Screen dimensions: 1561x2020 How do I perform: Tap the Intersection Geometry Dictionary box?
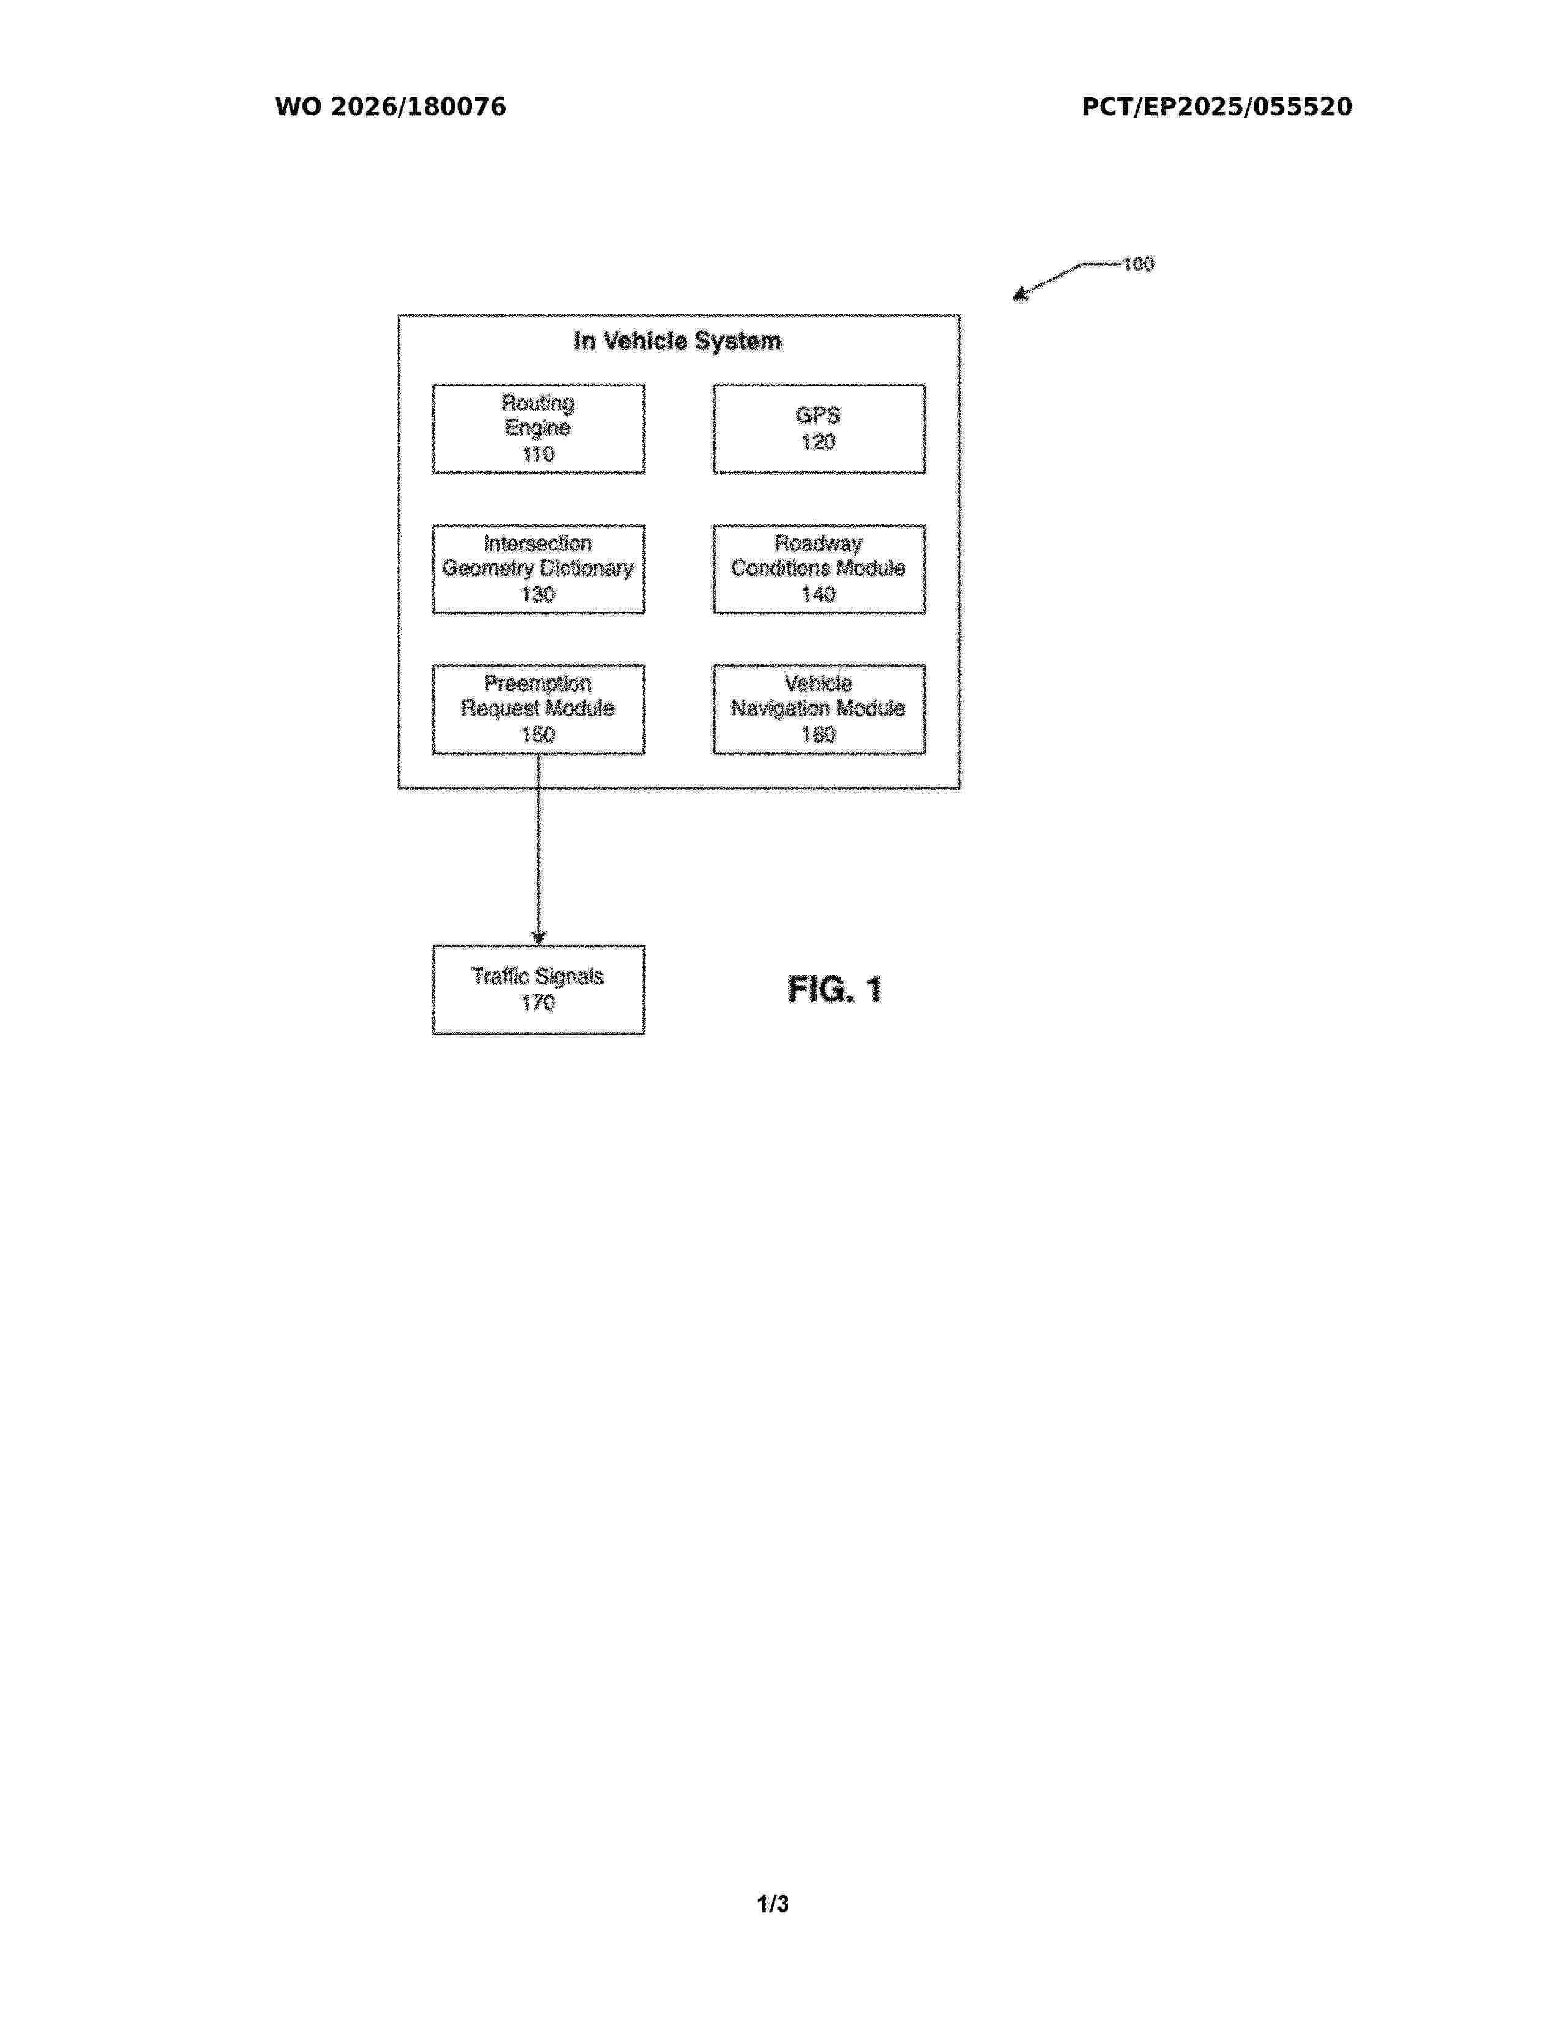tap(538, 569)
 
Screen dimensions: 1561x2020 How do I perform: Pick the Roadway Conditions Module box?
tap(818, 569)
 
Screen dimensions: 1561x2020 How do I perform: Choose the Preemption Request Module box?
tap(538, 710)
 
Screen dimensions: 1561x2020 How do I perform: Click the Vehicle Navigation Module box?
tap(818, 710)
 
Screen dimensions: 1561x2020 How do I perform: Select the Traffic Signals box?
tap(538, 989)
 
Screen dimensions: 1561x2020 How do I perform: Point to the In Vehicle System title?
tap(678, 341)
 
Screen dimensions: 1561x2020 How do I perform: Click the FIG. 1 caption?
tap(834, 989)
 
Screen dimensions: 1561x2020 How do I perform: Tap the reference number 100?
tap(1139, 265)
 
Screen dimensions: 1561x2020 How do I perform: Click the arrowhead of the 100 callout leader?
tap(1020, 294)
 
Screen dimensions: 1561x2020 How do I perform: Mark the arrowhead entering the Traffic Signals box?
tap(538, 938)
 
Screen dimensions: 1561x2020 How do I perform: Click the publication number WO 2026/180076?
tap(391, 107)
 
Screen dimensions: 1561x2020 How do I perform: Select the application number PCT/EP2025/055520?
tap(1217, 107)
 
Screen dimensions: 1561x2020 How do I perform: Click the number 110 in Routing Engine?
tap(538, 454)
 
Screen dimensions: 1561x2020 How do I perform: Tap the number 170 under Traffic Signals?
tap(537, 1004)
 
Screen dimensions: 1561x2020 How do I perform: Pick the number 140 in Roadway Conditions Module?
tap(818, 595)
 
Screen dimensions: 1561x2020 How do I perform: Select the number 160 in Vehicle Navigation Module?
tap(818, 735)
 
